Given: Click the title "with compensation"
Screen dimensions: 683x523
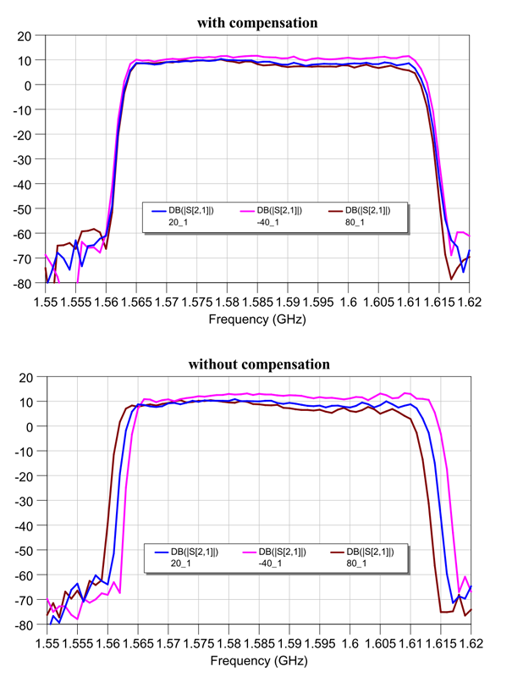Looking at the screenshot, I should (x=257, y=22).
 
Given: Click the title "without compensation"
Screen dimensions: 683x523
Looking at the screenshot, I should (x=258, y=364).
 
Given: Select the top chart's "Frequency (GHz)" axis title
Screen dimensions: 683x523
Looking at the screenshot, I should (x=257, y=319).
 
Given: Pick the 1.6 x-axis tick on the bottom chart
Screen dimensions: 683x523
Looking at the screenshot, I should (x=349, y=642).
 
